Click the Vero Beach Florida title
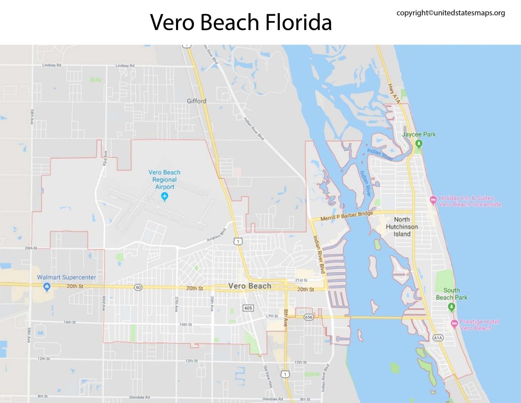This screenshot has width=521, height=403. click(x=241, y=22)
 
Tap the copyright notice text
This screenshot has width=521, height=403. click(x=450, y=13)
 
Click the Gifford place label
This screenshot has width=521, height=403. click(x=196, y=101)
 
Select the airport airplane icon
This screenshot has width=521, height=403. click(x=165, y=196)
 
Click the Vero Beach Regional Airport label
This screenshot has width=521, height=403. click(x=165, y=180)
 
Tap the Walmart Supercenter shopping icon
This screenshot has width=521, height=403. click(x=47, y=287)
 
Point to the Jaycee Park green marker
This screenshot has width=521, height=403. click(x=419, y=144)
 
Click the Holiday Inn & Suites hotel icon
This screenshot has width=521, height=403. click(x=433, y=200)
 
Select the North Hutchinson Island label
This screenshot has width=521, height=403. click(x=402, y=226)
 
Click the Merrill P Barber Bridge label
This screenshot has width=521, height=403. click(x=347, y=216)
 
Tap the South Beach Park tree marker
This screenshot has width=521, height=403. click(x=451, y=307)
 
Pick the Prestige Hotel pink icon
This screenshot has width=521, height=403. click(x=454, y=324)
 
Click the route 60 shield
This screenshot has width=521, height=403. click(x=138, y=287)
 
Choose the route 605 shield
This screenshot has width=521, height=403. click(x=248, y=308)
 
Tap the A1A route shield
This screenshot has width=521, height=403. click(x=438, y=337)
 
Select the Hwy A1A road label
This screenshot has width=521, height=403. click(x=394, y=93)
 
